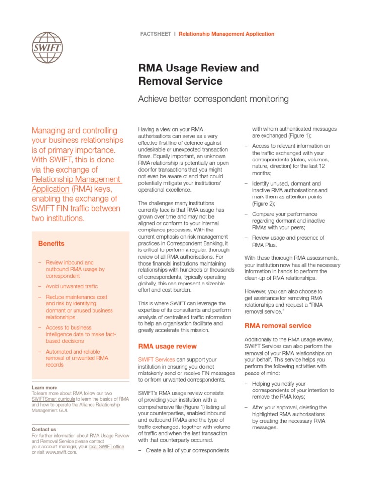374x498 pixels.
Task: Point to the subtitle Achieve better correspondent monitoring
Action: click(213, 99)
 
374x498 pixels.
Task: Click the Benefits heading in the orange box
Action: click(51, 243)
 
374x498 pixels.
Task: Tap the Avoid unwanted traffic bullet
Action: click(72, 286)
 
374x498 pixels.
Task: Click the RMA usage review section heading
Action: click(168, 346)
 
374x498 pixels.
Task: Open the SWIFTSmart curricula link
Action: click(53, 399)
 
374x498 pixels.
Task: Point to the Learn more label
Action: click(44, 388)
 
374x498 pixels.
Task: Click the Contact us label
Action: click(43, 429)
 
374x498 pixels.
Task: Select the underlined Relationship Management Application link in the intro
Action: click(76, 184)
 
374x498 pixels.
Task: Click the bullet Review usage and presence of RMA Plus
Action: click(287, 241)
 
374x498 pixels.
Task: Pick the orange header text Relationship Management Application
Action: click(226, 34)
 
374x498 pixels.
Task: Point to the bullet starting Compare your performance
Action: click(288, 221)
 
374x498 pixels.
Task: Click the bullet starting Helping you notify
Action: click(292, 390)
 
